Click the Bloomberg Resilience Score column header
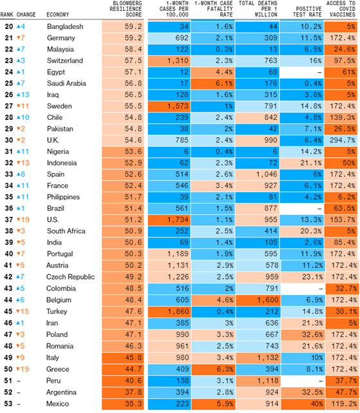(x=126, y=9)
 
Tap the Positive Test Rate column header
(x=307, y=12)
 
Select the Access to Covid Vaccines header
(x=341, y=9)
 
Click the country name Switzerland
(x=65, y=61)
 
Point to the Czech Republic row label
(x=70, y=277)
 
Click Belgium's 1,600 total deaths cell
(x=258, y=300)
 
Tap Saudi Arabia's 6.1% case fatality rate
(x=213, y=84)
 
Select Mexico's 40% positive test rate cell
(x=302, y=404)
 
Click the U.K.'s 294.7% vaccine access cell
(x=341, y=140)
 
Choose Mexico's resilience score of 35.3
(x=123, y=404)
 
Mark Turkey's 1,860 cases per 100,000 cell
(x=169, y=312)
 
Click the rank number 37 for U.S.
(x=8, y=220)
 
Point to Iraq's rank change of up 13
(x=23, y=95)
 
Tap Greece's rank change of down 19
(x=23, y=369)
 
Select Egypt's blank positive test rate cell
(x=302, y=72)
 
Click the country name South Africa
(x=66, y=231)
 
